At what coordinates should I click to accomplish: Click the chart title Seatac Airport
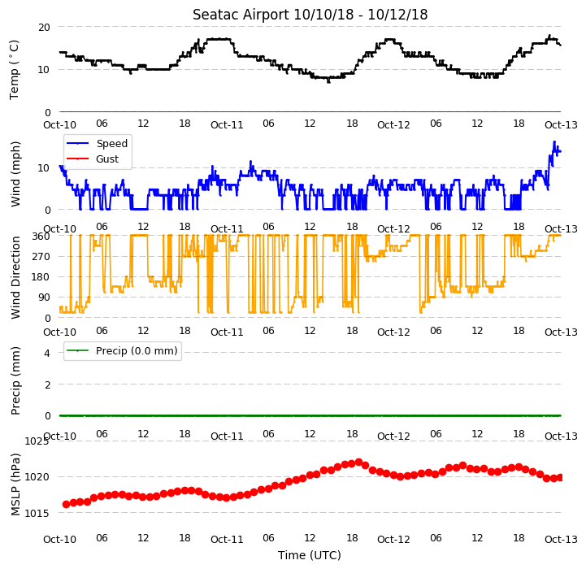(x=241, y=15)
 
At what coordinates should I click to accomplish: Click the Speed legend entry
(x=97, y=144)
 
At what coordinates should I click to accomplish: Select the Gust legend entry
(x=93, y=159)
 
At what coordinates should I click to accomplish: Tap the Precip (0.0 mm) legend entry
(x=121, y=350)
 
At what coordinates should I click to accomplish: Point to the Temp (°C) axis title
(x=14, y=70)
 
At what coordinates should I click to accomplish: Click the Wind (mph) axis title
(x=15, y=174)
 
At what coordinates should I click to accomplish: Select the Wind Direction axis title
(x=15, y=277)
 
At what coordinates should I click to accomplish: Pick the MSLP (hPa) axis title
(x=15, y=484)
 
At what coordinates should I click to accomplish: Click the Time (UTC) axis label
(x=310, y=555)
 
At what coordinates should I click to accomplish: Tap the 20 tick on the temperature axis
(x=44, y=28)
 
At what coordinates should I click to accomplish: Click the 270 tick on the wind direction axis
(x=41, y=257)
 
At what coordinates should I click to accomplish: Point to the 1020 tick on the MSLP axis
(x=37, y=477)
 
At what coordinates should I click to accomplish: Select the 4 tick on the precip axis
(x=47, y=353)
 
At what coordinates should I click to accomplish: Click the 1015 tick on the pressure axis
(x=37, y=513)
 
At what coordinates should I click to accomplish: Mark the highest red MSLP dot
(x=358, y=463)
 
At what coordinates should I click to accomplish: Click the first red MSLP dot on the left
(x=66, y=504)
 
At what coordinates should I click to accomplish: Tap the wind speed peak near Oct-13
(x=554, y=141)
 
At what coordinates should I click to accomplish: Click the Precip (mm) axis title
(x=15, y=380)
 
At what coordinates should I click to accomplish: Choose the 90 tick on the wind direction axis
(x=44, y=298)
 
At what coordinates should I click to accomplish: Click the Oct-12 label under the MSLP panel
(x=393, y=540)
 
